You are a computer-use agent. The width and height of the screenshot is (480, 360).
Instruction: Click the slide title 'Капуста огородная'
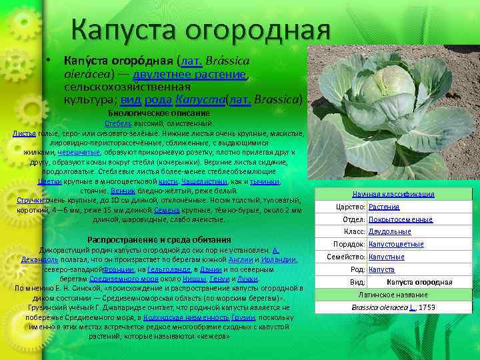201,29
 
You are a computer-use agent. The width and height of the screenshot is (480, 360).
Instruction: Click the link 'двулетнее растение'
190,74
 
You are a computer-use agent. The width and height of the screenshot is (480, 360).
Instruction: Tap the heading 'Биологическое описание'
159,113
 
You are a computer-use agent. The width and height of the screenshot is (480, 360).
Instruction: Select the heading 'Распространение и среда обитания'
159,239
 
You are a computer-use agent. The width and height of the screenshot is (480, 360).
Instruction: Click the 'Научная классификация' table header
393,194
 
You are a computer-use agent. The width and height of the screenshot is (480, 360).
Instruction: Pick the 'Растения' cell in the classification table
384,207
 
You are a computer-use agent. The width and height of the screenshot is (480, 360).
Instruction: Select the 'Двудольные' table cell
390,232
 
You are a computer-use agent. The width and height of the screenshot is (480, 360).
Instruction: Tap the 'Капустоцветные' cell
396,245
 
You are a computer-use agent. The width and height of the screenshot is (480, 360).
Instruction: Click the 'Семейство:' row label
346,257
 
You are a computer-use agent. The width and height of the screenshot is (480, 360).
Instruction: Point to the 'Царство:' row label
350,207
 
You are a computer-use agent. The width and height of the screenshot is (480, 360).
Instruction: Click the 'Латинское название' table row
393,295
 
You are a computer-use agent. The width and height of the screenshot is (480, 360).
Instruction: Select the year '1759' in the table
427,307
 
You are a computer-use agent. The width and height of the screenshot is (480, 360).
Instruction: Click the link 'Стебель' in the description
117,123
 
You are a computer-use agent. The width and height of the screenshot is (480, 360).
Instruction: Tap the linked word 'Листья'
25,133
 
